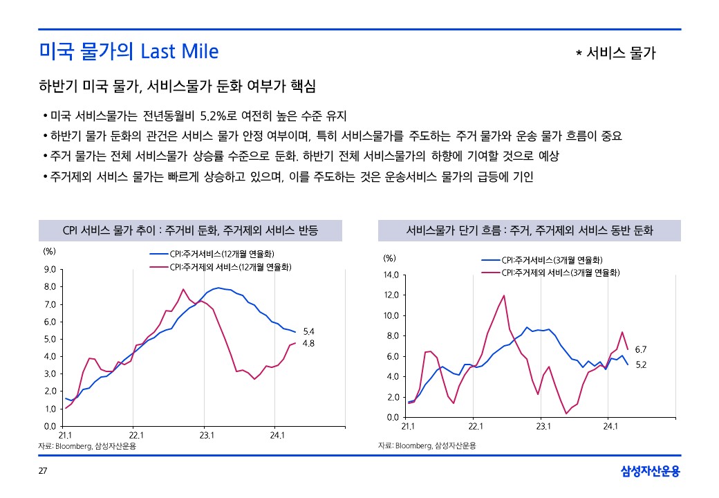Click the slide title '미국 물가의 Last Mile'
(x=129, y=52)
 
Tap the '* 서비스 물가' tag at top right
(x=615, y=53)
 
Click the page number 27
(x=42, y=472)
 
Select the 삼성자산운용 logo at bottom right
(x=650, y=472)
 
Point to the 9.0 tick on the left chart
(x=50, y=269)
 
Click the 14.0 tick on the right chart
(x=391, y=275)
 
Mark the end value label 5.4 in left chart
(x=310, y=331)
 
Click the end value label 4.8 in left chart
(x=310, y=342)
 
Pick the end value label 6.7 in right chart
(x=640, y=350)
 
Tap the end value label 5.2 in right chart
(x=640, y=365)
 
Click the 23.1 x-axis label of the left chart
(x=207, y=436)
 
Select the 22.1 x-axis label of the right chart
(x=476, y=427)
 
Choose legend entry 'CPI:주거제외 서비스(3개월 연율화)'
(x=561, y=273)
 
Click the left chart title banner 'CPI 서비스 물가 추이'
(x=190, y=230)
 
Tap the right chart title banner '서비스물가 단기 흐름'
(x=529, y=230)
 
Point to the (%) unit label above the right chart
(x=390, y=259)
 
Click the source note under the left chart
(x=87, y=446)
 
